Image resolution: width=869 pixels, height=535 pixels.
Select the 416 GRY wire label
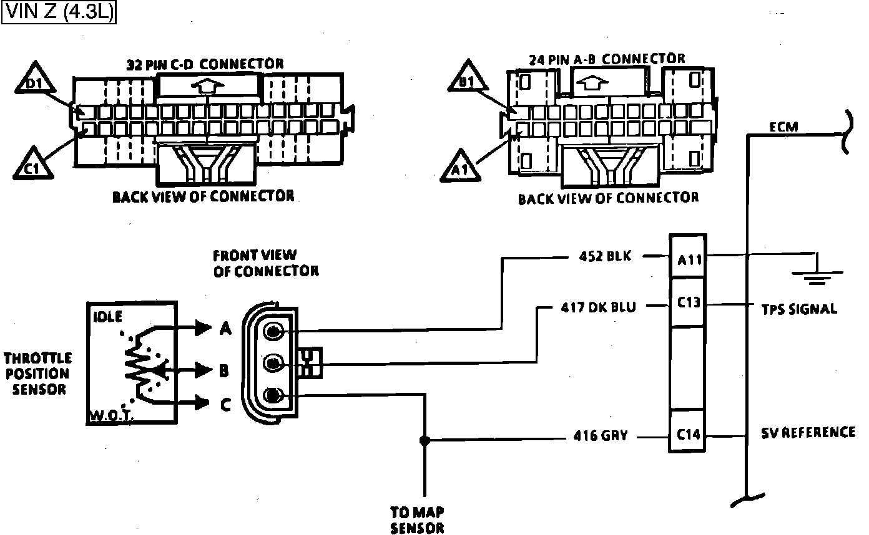(601, 436)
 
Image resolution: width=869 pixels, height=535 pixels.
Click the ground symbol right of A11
(815, 272)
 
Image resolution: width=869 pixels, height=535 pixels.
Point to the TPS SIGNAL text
(799, 309)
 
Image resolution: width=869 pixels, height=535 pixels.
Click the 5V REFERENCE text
(808, 432)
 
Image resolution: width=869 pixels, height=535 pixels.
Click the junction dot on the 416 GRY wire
(425, 440)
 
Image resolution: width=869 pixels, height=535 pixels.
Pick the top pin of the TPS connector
(273, 332)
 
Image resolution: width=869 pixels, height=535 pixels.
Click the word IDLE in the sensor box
(107, 316)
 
